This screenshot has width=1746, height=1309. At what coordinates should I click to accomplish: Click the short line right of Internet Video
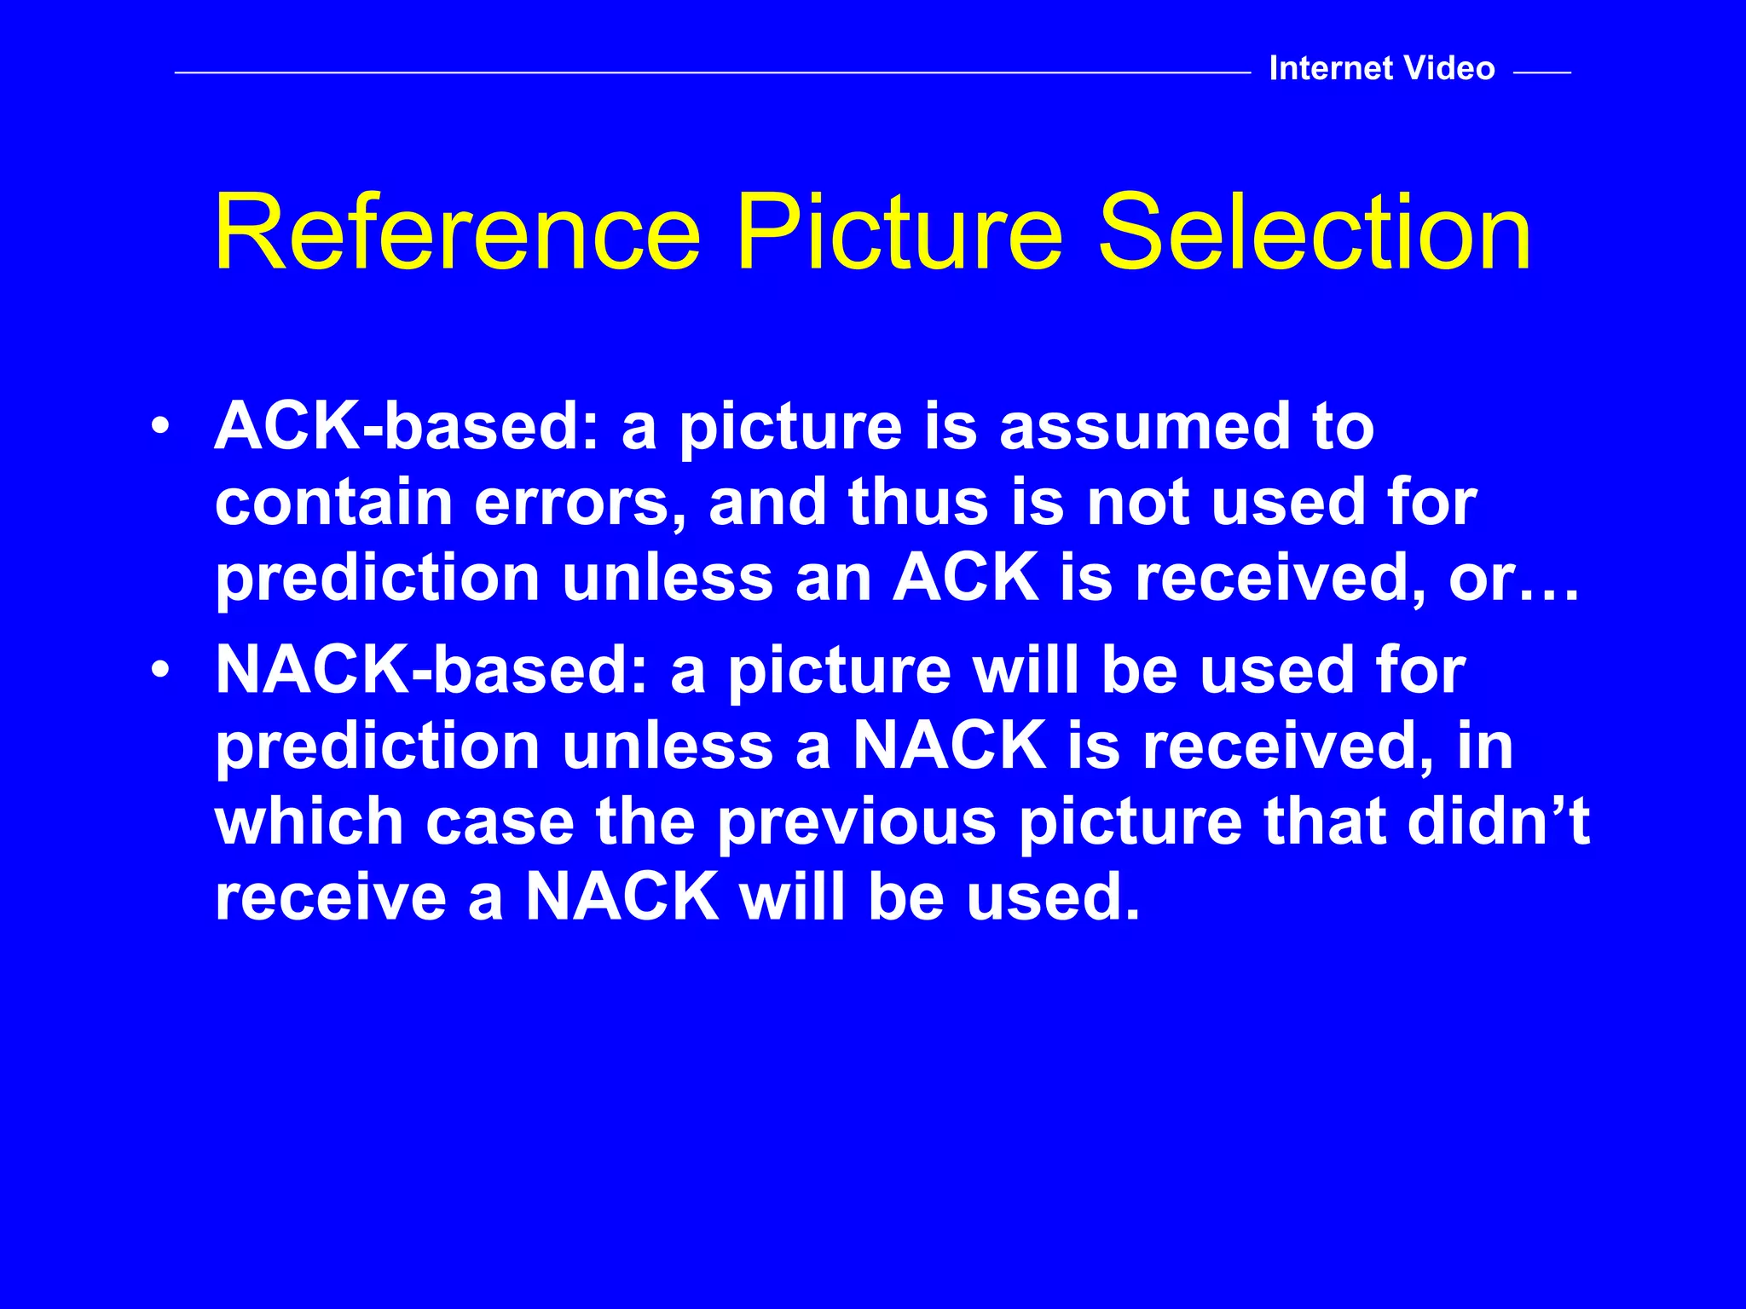coord(1541,73)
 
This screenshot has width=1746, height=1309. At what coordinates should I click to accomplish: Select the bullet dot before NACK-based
coord(158,670)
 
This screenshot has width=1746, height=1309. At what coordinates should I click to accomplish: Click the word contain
coord(333,502)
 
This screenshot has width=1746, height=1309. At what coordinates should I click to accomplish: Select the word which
coord(309,822)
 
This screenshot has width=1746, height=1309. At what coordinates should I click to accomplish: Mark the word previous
coord(856,823)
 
